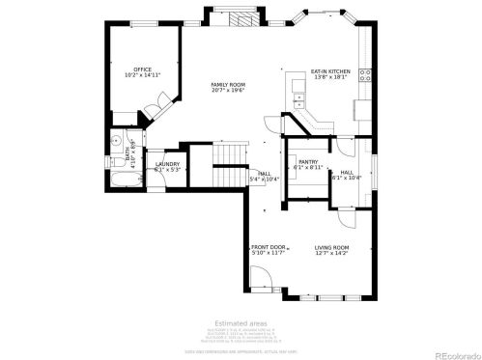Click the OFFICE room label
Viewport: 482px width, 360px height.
point(142,69)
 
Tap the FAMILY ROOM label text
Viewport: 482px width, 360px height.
point(228,85)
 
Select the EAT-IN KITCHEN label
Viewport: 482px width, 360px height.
point(329,70)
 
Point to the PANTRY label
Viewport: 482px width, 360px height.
point(308,161)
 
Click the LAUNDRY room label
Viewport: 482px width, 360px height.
point(166,164)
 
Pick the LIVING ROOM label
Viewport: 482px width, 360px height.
point(331,248)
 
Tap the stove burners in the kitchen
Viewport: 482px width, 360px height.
point(365,73)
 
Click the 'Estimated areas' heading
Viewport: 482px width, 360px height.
point(241,323)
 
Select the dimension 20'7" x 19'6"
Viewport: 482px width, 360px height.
point(228,92)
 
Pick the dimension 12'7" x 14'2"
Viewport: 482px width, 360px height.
point(331,255)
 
